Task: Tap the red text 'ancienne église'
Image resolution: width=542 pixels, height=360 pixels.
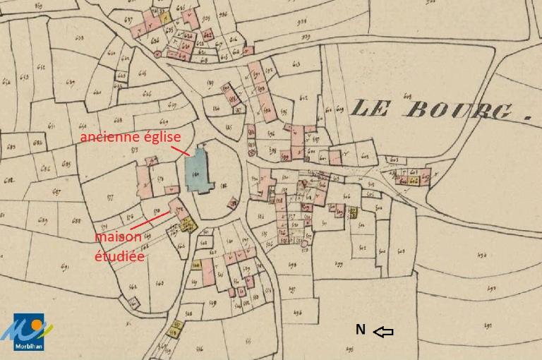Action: pos(130,137)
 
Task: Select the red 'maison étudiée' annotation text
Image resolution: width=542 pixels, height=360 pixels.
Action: pos(119,246)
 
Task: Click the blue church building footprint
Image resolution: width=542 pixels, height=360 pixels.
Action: pos(199,171)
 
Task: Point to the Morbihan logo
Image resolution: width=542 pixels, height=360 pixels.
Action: pos(28,332)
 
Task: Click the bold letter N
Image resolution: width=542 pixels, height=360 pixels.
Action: pos(360,330)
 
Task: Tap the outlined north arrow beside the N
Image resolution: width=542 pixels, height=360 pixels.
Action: pos(383,331)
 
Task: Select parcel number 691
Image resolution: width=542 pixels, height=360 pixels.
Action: pos(65,266)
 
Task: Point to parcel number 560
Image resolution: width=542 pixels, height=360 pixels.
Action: pos(159,282)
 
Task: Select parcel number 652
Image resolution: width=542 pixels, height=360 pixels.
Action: pos(40,68)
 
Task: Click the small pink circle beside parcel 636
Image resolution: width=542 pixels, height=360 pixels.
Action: pos(158,53)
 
